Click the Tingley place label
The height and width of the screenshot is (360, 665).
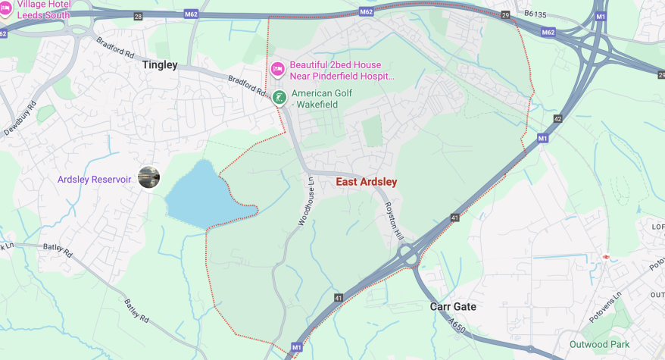[159, 65]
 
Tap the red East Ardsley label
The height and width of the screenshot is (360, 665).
[367, 182]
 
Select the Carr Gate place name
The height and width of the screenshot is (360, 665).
[453, 306]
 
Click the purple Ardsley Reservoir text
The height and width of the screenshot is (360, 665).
[94, 180]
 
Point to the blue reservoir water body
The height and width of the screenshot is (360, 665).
[195, 194]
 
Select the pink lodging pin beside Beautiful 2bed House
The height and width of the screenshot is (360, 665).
[278, 70]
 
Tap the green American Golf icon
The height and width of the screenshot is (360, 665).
[279, 97]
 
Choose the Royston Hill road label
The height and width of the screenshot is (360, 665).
[393, 221]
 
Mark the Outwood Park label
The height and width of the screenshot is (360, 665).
[600, 344]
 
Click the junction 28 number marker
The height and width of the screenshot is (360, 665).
[137, 16]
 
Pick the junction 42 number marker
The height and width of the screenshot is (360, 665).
[557, 119]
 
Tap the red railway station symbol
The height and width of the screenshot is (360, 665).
[606, 257]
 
